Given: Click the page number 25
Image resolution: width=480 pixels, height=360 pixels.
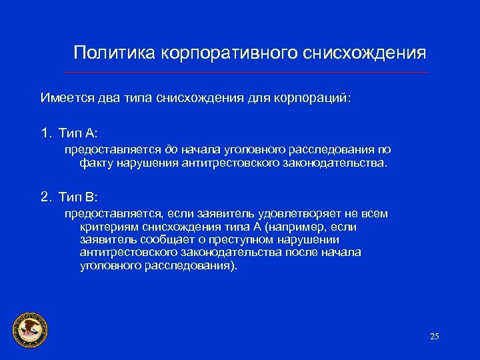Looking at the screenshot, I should (435, 336).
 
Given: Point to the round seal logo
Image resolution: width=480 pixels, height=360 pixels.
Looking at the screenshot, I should (30, 329).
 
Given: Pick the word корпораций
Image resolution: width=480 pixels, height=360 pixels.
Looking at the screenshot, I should (315, 98).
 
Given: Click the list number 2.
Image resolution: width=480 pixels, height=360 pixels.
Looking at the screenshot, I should (45, 197).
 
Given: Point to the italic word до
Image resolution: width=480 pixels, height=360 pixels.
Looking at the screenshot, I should (171, 149).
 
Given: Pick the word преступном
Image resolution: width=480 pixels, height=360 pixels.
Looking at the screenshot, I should (246, 239).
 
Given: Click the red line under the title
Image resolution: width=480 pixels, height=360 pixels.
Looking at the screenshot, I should (247, 72).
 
